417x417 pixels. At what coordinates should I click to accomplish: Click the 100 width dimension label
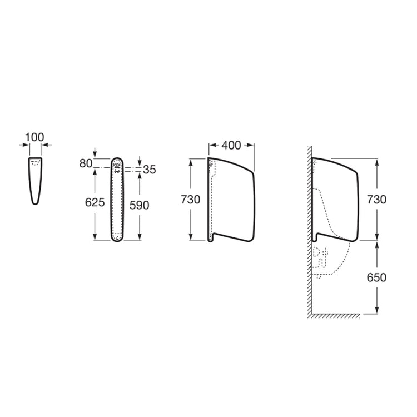pos(34,137)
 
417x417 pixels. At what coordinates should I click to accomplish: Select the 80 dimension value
pos(86,163)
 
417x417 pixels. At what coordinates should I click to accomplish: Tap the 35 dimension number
pos(149,170)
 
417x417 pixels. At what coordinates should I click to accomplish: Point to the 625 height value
pos(95,202)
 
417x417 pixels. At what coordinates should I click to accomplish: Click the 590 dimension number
pos(140,205)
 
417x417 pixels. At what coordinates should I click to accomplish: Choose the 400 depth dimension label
pos(231,145)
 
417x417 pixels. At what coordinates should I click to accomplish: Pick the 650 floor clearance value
pos(376,277)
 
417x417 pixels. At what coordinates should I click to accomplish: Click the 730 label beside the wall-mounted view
pos(376,200)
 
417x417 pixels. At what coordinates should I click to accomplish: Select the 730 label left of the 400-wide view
pos(190,200)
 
